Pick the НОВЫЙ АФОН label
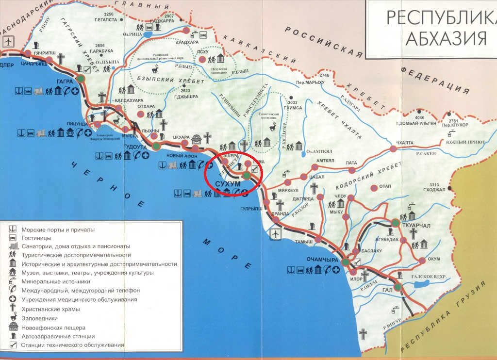[182, 155]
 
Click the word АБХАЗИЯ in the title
[446, 38]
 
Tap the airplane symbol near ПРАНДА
[275, 234]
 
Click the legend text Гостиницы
[36, 238]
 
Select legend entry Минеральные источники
[54, 281]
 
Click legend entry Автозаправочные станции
[58, 336]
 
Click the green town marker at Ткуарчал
[396, 223]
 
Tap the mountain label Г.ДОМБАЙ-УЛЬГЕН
[414, 123]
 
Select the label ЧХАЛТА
[405, 142]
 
